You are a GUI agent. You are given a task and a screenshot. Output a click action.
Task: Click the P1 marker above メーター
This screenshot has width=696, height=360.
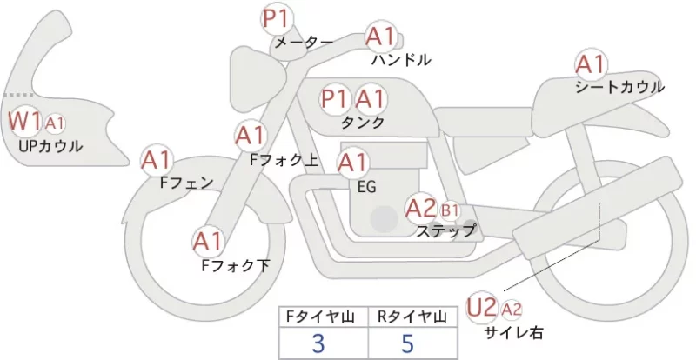point(277,19)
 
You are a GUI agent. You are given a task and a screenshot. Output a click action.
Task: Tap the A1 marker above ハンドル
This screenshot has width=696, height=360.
point(380,36)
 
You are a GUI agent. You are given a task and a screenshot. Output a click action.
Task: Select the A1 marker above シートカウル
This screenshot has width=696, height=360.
point(591,64)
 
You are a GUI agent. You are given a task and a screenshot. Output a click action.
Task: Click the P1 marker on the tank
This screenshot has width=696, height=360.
point(334,99)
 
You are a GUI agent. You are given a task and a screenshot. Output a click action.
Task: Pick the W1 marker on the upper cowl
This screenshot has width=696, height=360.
point(25,120)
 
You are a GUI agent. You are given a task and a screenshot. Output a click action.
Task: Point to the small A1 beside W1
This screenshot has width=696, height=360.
point(55,123)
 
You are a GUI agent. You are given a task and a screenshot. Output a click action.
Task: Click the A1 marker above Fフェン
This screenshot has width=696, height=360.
point(156,160)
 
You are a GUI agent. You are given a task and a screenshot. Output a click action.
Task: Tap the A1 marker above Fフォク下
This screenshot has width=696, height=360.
point(207,242)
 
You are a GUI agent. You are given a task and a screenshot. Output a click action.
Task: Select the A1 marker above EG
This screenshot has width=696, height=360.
point(353,163)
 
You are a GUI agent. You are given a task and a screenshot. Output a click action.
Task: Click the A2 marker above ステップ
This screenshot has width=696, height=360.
point(420,208)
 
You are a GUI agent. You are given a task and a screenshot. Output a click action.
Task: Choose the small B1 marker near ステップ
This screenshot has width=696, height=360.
point(450,210)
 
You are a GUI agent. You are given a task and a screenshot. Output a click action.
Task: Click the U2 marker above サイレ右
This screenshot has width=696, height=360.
point(482,307)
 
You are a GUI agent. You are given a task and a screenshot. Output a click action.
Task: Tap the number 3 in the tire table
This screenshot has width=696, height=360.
point(318,343)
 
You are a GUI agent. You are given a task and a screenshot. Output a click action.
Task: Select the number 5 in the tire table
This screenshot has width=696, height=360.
point(407,343)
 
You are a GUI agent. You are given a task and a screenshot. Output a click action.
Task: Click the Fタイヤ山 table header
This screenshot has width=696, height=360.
point(320,317)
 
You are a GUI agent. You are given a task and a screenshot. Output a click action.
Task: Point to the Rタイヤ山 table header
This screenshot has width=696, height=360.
point(412,317)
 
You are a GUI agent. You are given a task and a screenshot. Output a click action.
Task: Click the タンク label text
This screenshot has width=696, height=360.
point(363,123)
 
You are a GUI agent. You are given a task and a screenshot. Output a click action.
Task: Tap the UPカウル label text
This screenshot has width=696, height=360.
point(50,146)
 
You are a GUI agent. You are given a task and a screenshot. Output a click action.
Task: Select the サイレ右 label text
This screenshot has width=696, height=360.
point(513,332)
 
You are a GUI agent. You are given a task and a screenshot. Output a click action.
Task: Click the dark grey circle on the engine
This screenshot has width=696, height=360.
point(385,219)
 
